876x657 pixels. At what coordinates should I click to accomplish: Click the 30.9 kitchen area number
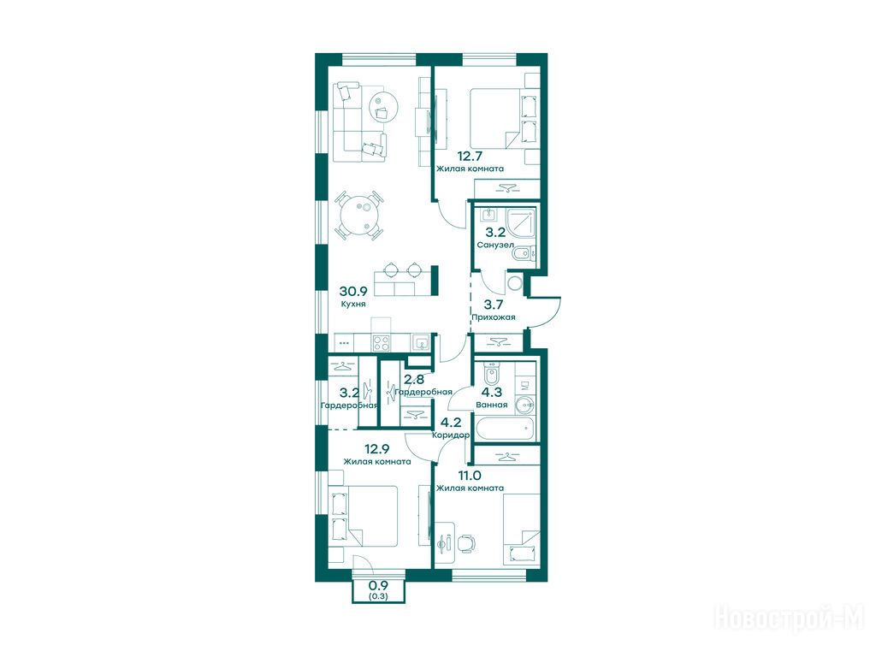353,291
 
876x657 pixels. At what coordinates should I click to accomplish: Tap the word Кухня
353,304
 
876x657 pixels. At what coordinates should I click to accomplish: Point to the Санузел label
495,245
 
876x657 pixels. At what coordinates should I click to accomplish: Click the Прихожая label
494,317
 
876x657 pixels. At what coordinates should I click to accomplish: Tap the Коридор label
451,435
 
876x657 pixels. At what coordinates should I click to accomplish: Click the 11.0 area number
470,476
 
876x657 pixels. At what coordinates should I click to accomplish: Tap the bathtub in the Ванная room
504,429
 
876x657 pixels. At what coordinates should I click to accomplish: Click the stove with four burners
382,342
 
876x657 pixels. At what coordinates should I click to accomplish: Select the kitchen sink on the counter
421,342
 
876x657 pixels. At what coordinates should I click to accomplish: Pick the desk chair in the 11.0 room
466,542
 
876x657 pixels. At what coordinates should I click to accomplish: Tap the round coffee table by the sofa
384,106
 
